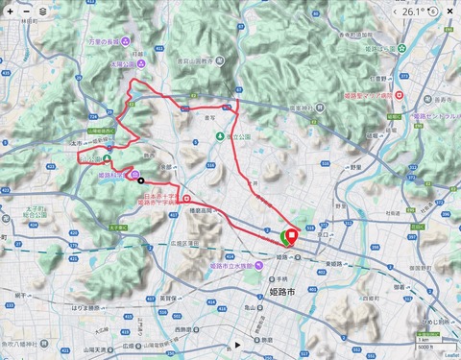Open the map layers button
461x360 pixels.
[x=41, y=12]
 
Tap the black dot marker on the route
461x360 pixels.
[x=140, y=180]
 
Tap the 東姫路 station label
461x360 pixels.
[x=336, y=262]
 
